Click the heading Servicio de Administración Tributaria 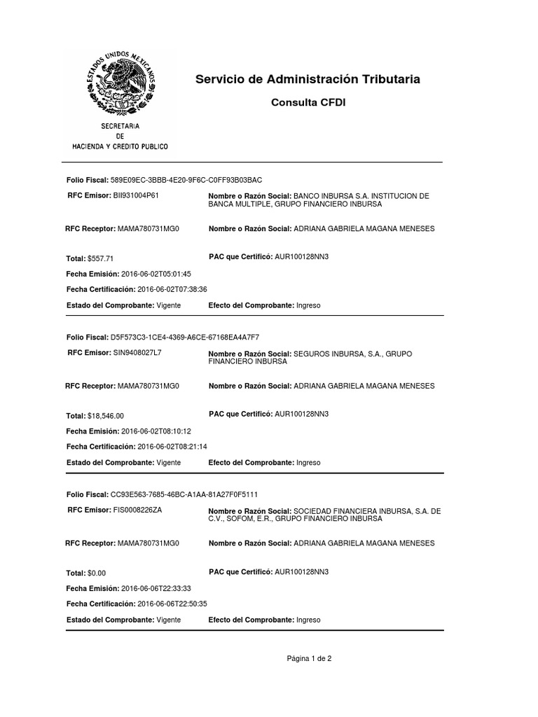pos(308,80)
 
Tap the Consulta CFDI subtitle pos(308,103)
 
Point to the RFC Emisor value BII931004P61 pos(136,195)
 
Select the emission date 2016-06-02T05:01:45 pos(156,274)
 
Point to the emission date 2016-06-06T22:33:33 pos(156,588)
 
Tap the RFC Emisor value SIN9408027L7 pos(137,352)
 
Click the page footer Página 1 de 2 pos(308,658)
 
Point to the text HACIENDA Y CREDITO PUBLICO pos(120,147)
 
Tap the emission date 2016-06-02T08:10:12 pos(156,431)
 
